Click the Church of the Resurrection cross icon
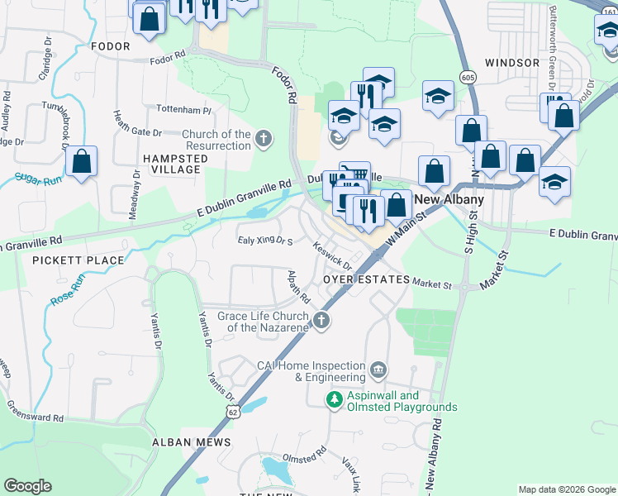tap(264, 138)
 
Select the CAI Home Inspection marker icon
tap(378, 368)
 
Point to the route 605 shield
tap(468, 77)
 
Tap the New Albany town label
tap(448, 199)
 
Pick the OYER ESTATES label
tap(366, 280)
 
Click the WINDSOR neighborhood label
tap(512, 62)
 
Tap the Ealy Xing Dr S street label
tap(266, 241)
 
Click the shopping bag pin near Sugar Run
tap(81, 162)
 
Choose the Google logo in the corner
tap(27, 486)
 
